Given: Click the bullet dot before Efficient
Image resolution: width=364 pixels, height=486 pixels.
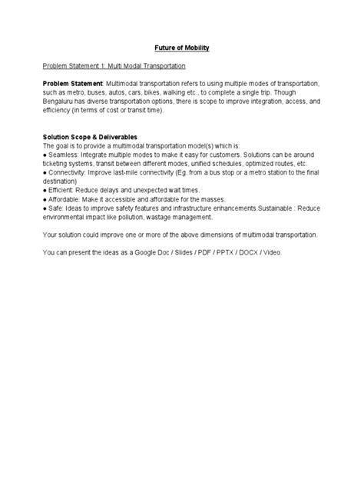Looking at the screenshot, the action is (x=45, y=187).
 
